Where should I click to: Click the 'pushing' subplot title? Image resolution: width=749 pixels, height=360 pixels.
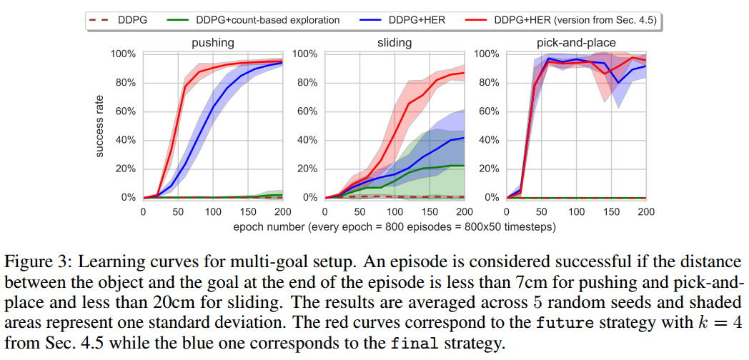(212, 43)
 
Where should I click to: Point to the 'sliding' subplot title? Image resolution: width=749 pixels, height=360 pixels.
(395, 43)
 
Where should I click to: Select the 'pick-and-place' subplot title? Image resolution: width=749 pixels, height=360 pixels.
(576, 43)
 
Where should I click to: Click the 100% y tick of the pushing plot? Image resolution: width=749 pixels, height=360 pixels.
(124, 54)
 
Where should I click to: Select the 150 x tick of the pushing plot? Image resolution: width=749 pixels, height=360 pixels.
(247, 211)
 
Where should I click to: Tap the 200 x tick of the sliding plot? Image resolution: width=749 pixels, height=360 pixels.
(464, 211)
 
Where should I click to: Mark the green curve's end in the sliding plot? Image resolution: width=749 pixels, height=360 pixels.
(464, 166)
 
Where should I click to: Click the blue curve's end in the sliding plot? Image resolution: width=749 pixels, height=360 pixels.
(464, 138)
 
